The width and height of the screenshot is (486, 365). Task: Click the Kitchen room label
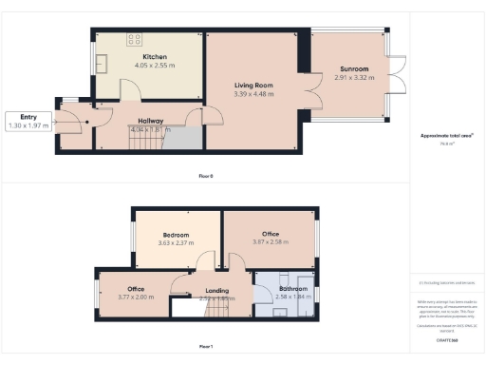[x=155, y=56]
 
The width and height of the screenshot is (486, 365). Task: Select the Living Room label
[x=253, y=86]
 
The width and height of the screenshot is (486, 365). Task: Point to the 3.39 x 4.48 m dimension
[x=253, y=94]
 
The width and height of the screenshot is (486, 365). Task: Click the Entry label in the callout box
[x=26, y=118]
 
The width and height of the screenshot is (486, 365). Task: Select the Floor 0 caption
[x=206, y=176]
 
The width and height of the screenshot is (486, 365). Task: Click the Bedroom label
[x=176, y=235]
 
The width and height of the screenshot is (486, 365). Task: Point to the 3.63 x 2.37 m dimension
[x=176, y=243]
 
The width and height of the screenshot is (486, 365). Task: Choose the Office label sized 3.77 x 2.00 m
[x=136, y=288]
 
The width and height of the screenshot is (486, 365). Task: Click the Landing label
[x=217, y=291]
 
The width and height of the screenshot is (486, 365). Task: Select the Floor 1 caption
[x=206, y=346]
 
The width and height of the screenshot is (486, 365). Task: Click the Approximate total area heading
[x=446, y=136]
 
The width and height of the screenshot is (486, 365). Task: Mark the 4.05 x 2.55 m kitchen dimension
[x=155, y=65]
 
